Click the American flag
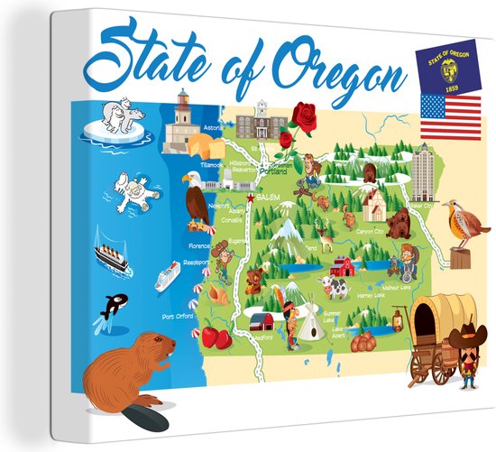(450, 116)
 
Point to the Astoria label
(214, 129)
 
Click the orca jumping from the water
(115, 304)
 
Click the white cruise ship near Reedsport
(167, 275)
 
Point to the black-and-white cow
(336, 288)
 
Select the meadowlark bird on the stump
(463, 226)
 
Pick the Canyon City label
(370, 232)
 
